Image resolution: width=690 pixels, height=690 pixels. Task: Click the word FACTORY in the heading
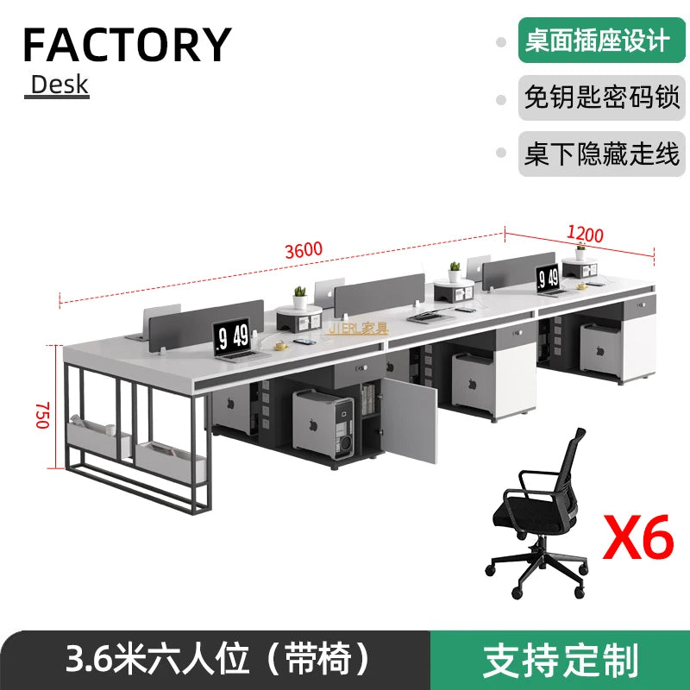click(127, 45)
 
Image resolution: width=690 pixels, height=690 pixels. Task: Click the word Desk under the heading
click(59, 85)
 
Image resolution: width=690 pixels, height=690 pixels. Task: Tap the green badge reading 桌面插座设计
click(597, 40)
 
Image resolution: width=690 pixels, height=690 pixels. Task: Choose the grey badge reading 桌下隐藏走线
click(600, 154)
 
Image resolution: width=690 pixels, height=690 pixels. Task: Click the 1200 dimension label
click(585, 233)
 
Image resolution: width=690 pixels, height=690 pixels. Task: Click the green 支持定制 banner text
click(561, 660)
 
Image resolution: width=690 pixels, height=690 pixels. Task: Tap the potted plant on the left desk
click(300, 297)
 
